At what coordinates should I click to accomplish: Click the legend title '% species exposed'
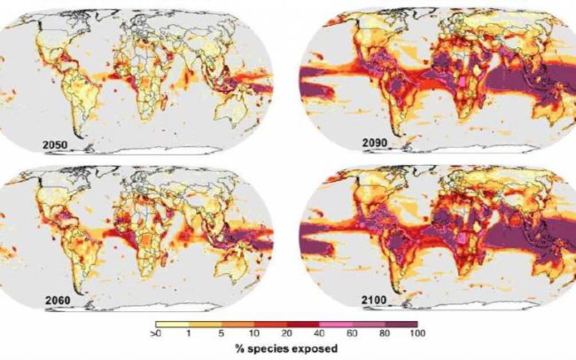click(x=286, y=349)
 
